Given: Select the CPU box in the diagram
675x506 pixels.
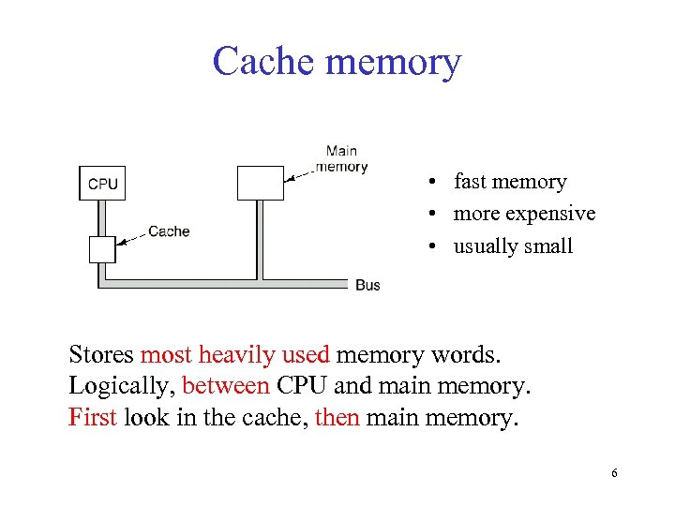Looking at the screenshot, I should coord(102,183).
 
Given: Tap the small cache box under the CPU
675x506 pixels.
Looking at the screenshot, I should coord(102,249).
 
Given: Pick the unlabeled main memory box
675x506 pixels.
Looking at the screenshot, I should coord(260,183).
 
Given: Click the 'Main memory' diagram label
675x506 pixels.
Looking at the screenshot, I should coord(341,159).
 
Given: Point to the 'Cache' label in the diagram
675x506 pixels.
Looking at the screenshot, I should coord(169,231).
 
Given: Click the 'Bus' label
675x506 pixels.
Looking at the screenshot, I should coord(367,285).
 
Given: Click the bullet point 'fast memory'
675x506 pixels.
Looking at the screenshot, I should coord(509,182).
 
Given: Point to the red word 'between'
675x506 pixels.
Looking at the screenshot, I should coord(226,385).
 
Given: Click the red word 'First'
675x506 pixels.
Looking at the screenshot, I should coord(92,415).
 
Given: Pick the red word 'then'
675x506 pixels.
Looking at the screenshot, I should coord(337,415).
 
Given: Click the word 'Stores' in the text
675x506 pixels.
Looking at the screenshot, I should coord(101,355).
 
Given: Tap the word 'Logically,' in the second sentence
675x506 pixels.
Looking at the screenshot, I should coord(122,385).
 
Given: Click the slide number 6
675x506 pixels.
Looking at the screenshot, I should coord(614,473).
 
